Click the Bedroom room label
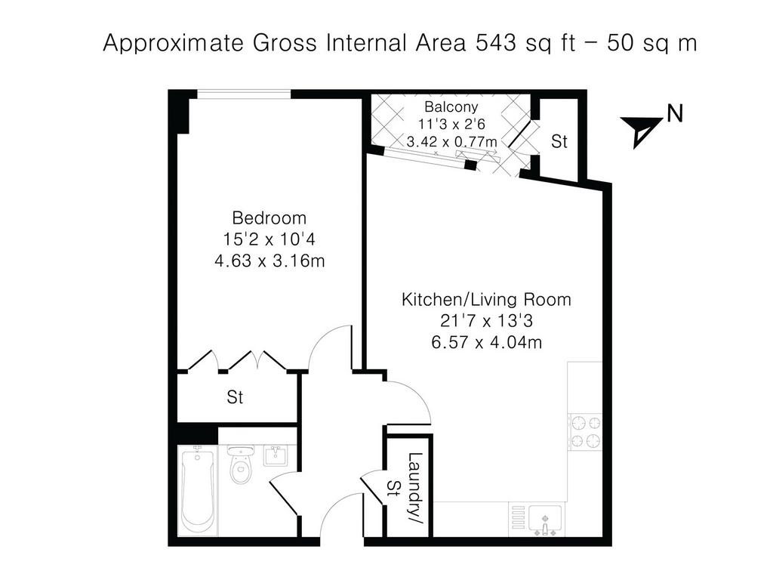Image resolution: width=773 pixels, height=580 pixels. [269, 217]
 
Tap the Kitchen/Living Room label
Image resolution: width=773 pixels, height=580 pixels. [486, 299]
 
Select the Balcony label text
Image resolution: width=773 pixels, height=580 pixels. [451, 107]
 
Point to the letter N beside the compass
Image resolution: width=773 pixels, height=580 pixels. [675, 114]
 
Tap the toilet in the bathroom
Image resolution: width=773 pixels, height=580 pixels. [241, 464]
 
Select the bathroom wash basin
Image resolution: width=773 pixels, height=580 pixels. [279, 455]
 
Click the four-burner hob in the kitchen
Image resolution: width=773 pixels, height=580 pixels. [585, 431]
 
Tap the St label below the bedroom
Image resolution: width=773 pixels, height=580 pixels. [235, 397]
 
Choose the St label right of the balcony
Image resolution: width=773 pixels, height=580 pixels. [559, 141]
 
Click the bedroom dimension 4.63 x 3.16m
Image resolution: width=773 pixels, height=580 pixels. [269, 261]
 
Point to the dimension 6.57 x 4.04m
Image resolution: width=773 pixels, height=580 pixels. [487, 342]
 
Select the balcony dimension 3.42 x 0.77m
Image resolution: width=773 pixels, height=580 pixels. [451, 142]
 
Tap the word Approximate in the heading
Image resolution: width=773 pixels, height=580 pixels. [174, 43]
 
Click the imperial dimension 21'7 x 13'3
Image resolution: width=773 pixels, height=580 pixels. [487, 320]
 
